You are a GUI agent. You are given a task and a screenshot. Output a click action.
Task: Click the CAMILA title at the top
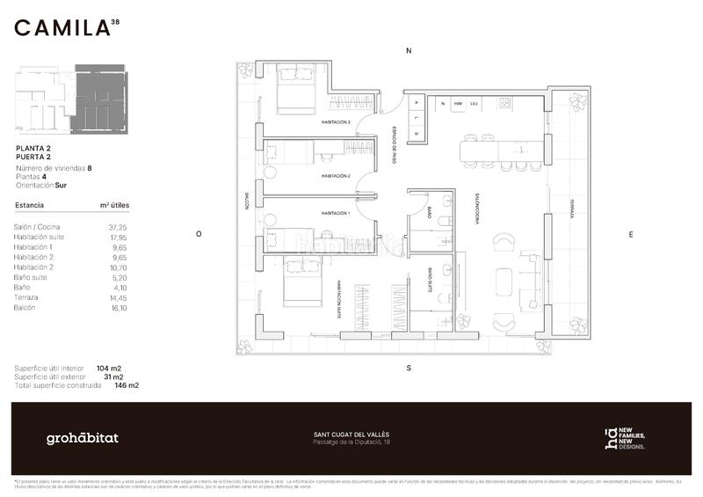(x=62, y=28)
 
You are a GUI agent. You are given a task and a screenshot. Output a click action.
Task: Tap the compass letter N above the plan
(x=409, y=51)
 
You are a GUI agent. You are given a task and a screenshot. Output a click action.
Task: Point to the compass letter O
(x=199, y=234)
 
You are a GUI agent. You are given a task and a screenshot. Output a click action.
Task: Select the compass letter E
(x=630, y=234)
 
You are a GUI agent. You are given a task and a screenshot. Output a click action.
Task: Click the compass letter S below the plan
(x=409, y=368)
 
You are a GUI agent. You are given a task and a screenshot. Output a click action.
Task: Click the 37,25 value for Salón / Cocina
(x=118, y=226)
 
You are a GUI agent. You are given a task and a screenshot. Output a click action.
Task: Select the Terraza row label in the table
(x=26, y=297)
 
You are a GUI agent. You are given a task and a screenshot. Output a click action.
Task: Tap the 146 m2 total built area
(x=127, y=385)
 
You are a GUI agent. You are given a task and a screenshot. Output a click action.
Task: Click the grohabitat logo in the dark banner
(x=82, y=438)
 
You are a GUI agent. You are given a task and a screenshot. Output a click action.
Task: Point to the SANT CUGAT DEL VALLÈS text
(x=351, y=435)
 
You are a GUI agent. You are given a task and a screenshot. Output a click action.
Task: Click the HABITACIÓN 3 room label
(x=336, y=122)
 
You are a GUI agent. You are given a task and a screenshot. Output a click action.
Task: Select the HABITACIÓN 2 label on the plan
(x=336, y=176)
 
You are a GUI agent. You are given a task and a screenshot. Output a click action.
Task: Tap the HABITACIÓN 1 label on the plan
(x=336, y=214)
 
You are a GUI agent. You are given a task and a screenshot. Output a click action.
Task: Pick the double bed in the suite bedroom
(x=301, y=281)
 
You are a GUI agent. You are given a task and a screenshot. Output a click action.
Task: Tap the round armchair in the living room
(x=504, y=243)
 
